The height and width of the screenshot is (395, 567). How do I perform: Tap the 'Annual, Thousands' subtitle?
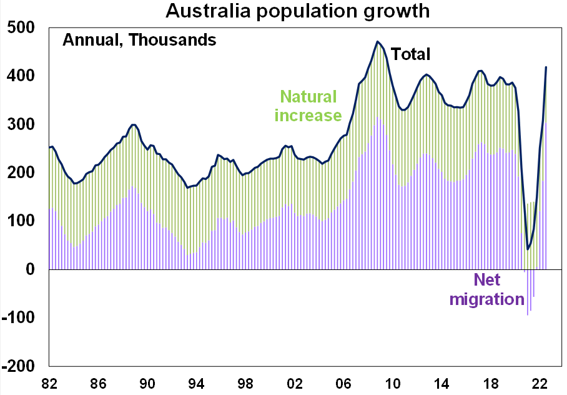coord(139,41)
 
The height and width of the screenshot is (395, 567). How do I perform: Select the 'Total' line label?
coord(411,54)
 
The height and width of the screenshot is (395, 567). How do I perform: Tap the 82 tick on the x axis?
coord(49,382)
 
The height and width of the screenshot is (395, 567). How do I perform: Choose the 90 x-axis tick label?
coord(147,382)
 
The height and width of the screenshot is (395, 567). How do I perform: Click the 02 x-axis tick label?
coord(295,382)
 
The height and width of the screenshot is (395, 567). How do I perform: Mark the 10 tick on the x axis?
coord(393,382)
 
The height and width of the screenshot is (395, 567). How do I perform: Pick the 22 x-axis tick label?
coord(540,382)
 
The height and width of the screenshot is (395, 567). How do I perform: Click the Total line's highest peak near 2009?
coord(378,42)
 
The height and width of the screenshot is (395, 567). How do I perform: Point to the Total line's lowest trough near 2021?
coord(528,249)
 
